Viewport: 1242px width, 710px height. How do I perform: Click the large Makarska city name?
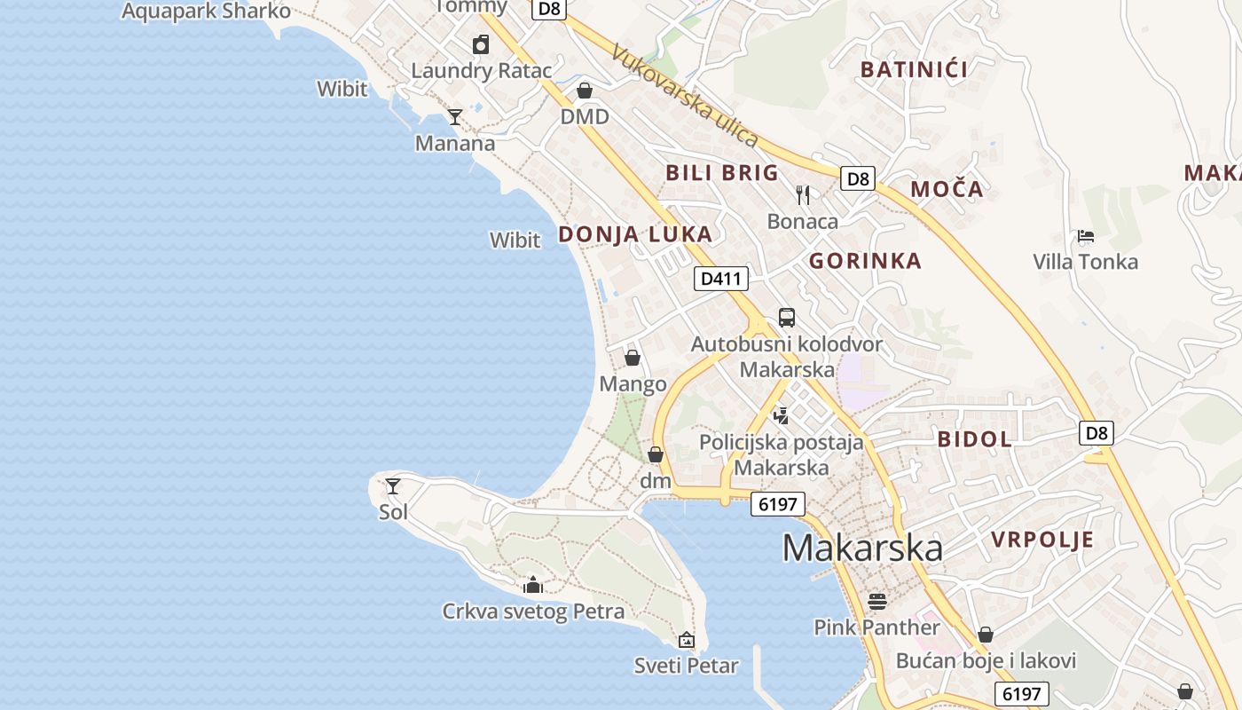click(x=861, y=548)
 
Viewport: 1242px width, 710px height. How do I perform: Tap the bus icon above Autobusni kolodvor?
click(x=786, y=318)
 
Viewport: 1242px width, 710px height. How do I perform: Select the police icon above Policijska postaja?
click(x=781, y=414)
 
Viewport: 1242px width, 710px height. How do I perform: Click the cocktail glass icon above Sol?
click(x=393, y=486)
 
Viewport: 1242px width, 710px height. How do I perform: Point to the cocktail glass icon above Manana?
click(x=455, y=116)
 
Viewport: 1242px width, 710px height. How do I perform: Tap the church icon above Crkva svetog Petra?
click(x=533, y=585)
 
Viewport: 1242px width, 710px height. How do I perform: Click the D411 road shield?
click(x=720, y=279)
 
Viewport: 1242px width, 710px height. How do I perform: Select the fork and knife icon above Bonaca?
click(x=803, y=195)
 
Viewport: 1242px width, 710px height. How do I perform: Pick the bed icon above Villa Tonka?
click(x=1085, y=236)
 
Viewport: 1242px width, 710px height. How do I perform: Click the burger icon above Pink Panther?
click(x=877, y=602)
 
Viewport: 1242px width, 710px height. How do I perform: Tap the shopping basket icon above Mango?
click(x=633, y=358)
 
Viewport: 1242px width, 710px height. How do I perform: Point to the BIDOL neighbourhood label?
click(x=975, y=438)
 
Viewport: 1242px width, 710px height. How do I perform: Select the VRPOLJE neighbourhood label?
click(x=1042, y=540)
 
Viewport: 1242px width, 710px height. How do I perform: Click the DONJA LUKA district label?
click(x=635, y=234)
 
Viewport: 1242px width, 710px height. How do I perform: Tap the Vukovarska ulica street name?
click(x=684, y=96)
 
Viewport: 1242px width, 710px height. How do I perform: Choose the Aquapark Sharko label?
click(x=206, y=12)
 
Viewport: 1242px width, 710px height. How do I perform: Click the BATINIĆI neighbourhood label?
click(x=914, y=69)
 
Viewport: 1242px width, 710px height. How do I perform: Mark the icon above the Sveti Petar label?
click(x=686, y=640)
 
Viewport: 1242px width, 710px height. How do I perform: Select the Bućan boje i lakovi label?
click(x=986, y=660)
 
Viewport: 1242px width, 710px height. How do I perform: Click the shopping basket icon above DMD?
click(x=585, y=91)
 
